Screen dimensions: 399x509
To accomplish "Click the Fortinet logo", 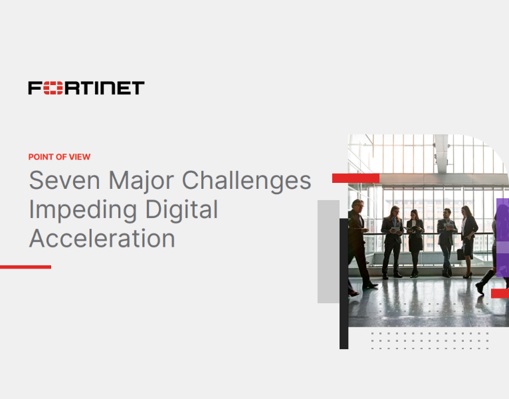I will coord(86,88).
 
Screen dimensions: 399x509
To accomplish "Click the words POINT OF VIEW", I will coord(59,157).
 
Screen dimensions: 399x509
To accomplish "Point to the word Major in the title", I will coord(140,180).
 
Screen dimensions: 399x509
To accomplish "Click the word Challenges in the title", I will coord(247,182).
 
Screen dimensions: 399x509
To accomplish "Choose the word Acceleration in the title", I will coord(102,238).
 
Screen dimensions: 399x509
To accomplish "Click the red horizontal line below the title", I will coord(25,267).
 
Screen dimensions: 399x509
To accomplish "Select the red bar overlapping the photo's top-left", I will coord(356,178).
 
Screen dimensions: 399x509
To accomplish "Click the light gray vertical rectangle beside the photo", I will coord(328,251).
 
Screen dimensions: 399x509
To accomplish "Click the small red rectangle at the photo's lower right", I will coord(500,293).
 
